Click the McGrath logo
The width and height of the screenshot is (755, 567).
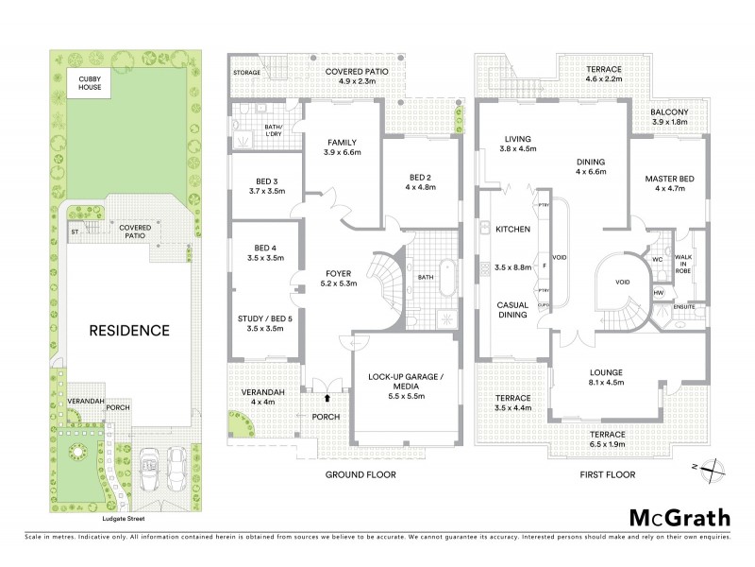[679, 517]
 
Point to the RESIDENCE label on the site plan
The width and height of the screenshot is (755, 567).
[129, 331]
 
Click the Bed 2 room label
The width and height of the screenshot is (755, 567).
[420, 178]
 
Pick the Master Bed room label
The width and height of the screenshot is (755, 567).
[671, 179]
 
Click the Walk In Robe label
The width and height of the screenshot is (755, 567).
[698, 266]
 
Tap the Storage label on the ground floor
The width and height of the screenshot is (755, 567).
[247, 72]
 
